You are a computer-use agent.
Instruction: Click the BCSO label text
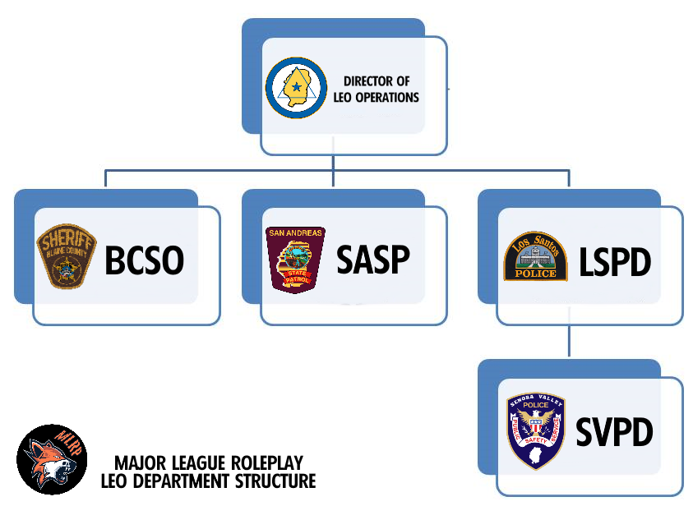pos(144,261)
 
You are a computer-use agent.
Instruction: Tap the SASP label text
pos(372,260)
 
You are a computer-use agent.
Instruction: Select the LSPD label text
pos(614,262)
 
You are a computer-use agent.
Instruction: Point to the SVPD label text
pos(614,432)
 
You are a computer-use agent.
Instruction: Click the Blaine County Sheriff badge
pos(67,256)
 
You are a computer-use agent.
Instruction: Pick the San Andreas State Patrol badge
pos(296,260)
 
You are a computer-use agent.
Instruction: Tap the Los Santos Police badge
pos(535,256)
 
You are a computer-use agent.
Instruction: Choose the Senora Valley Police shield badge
pos(536,430)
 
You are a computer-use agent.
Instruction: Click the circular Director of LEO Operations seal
pos(296,88)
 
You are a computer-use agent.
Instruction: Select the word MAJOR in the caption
pos(137,462)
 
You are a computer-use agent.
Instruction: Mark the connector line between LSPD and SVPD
pos(570,340)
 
